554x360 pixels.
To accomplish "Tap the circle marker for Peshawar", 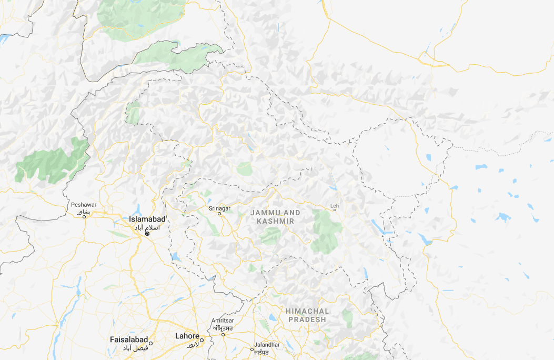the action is click(x=84, y=216).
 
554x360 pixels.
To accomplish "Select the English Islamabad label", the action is click(x=148, y=219).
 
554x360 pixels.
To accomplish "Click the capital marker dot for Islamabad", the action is click(x=148, y=233).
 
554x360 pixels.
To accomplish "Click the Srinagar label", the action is click(x=219, y=208).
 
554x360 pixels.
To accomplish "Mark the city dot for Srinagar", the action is click(x=220, y=214).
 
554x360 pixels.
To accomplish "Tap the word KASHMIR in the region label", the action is click(x=275, y=222).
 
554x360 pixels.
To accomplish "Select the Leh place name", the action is click(x=334, y=205).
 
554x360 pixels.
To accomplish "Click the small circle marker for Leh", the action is click(x=335, y=210).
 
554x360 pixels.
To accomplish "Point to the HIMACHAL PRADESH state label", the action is click(x=307, y=315).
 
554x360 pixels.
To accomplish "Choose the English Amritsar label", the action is click(x=222, y=321).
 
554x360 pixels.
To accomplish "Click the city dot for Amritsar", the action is click(x=223, y=334).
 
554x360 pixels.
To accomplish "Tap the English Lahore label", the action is click(x=187, y=336).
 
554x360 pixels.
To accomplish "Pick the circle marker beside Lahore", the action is click(x=202, y=339).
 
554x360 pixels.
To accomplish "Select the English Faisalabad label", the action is click(x=129, y=340).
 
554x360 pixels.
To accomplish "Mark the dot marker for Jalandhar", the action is click(x=252, y=349).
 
